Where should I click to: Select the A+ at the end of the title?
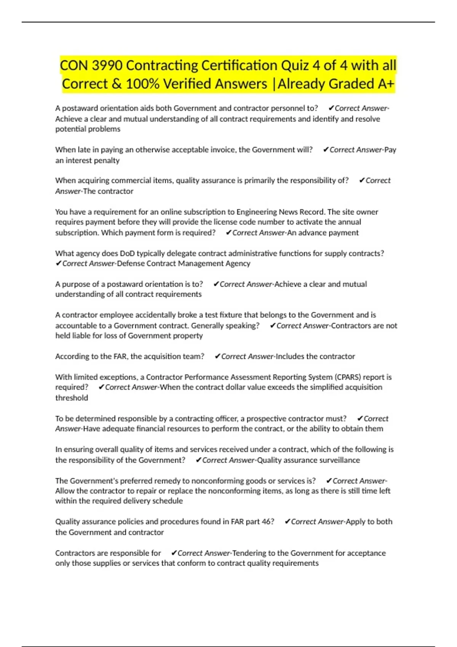(x=386, y=84)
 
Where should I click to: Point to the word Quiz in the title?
(x=295, y=65)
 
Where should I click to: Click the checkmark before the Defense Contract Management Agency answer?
(x=58, y=264)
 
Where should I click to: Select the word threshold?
(x=72, y=398)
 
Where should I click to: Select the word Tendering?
(x=249, y=553)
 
